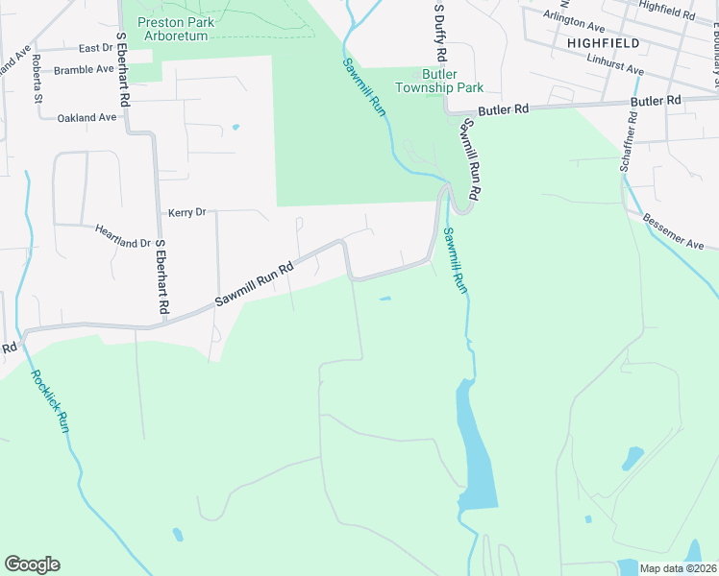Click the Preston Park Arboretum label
[x=175, y=29]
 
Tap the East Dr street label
[x=96, y=48]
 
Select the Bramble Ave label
[x=85, y=70]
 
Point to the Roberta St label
[x=37, y=79]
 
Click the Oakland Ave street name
[x=87, y=117]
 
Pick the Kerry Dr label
[x=187, y=212]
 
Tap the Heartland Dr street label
[x=123, y=236]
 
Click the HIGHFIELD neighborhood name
[x=604, y=43]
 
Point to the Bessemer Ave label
[x=675, y=231]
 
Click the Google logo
[x=32, y=564]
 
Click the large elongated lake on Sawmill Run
[x=478, y=451]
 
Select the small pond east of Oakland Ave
[x=235, y=127]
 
